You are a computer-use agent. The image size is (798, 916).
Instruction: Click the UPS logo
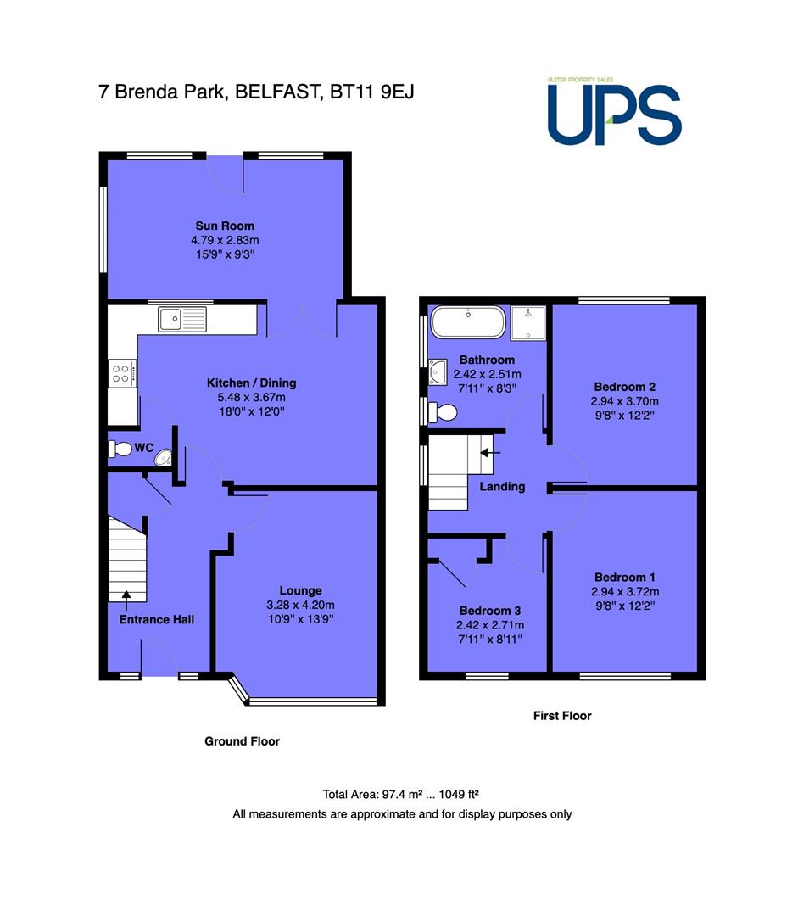tap(614, 112)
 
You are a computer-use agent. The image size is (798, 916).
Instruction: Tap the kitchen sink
tap(182, 319)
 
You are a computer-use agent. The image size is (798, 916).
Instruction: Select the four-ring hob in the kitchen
tap(123, 374)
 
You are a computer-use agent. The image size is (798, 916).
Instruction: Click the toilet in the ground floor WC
tap(120, 450)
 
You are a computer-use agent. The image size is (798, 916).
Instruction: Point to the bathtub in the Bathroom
tap(468, 322)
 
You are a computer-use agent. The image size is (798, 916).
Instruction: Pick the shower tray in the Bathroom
tap(528, 323)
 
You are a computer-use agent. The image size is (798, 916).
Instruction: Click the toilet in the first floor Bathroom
tap(442, 412)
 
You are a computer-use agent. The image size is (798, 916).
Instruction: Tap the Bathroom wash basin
tap(438, 372)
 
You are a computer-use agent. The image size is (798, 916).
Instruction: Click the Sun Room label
tap(225, 226)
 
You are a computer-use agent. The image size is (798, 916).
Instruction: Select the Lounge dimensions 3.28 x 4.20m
tap(301, 606)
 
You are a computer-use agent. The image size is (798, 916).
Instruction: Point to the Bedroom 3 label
tap(490, 611)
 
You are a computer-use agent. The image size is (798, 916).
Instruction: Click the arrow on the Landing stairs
tap(490, 453)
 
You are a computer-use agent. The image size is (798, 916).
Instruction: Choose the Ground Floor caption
tap(243, 741)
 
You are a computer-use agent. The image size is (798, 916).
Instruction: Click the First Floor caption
tap(562, 716)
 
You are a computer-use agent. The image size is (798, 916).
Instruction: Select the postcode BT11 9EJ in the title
tap(372, 92)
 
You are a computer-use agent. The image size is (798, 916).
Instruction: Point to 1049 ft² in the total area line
tap(459, 795)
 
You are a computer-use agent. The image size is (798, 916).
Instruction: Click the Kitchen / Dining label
tap(252, 383)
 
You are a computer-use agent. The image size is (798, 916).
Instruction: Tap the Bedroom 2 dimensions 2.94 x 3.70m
tap(624, 401)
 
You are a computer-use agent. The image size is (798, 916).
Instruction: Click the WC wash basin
tap(164, 457)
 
